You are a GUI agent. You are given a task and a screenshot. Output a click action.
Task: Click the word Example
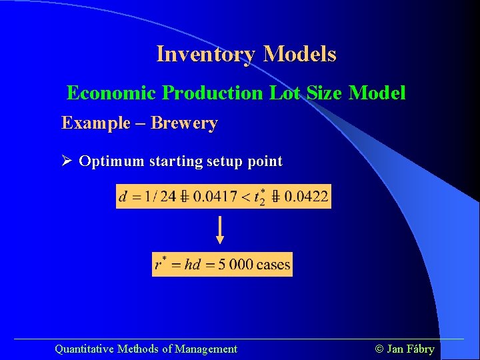(x=96, y=123)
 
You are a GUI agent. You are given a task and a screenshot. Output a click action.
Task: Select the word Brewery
(x=184, y=123)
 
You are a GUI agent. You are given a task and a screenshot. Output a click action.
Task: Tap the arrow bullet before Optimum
(x=67, y=161)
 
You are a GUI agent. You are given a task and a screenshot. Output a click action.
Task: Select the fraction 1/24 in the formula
(x=159, y=197)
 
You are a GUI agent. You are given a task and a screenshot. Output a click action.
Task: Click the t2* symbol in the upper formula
(x=257, y=197)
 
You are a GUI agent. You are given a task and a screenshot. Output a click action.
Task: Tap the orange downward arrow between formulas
(x=220, y=230)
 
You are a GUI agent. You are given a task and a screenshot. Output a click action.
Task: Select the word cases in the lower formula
(x=273, y=265)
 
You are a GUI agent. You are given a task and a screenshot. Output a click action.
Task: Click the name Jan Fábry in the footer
(x=410, y=349)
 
